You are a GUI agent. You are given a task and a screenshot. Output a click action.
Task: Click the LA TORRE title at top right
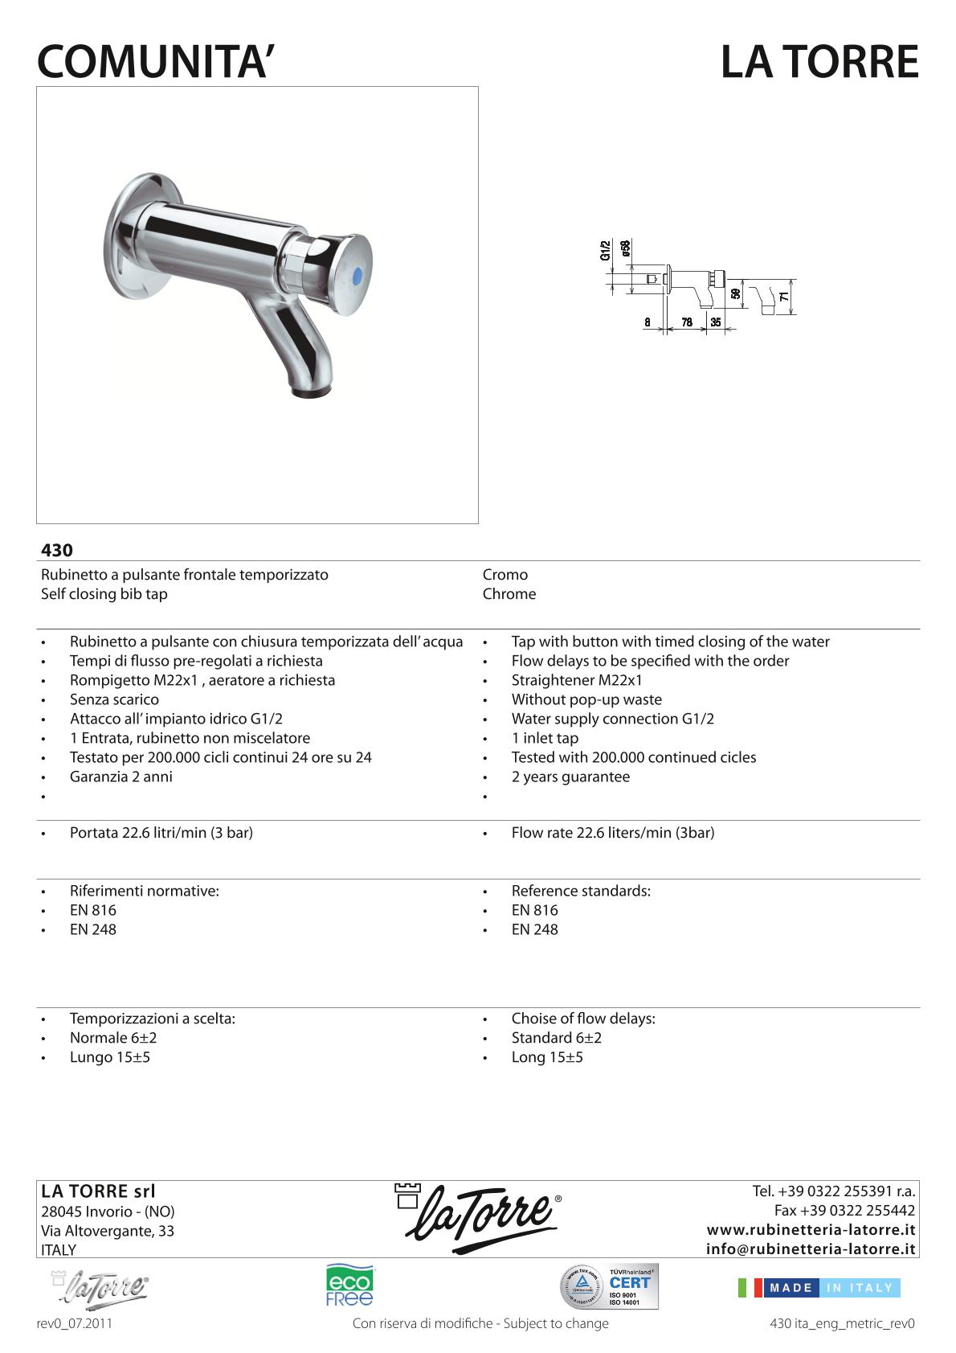pos(819,62)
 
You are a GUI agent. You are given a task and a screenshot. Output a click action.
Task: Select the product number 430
pos(57,551)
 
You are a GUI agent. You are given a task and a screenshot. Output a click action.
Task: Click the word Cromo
pos(505,575)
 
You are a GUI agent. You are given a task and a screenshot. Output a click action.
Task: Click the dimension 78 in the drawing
pos(687,322)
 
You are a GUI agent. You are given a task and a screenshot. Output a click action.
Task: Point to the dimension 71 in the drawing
pos(783,297)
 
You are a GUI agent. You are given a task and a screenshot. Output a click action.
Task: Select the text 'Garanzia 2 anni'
pos(121,777)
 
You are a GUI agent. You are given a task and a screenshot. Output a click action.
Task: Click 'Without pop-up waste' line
pos(586,699)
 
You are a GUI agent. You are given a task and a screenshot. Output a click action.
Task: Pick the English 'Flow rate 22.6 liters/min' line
pos(612,833)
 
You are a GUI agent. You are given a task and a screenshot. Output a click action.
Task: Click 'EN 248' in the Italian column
pos(93,929)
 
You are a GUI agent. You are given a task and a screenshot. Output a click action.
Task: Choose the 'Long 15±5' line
pos(547,1057)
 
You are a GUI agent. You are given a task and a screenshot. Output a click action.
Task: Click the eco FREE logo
pos(349,1285)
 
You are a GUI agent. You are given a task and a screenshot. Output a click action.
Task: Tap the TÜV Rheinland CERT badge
pos(609,1287)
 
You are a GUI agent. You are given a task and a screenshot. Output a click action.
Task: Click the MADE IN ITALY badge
pos(819,1288)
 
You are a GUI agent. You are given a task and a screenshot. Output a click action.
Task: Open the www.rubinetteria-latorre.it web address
pos(811,1230)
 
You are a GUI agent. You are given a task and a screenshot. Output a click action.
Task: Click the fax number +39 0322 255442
pos(844,1211)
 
